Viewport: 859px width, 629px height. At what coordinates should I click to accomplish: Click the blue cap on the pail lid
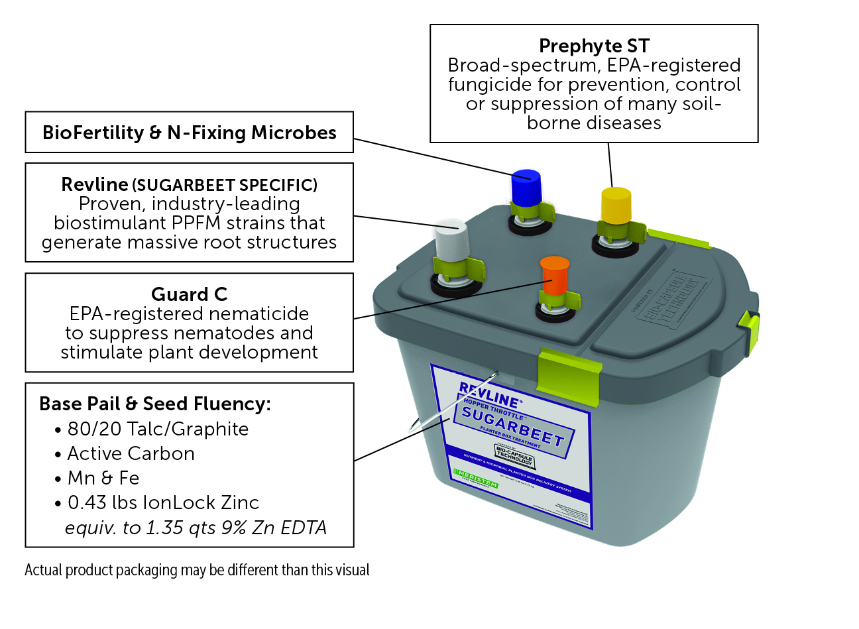tap(526, 187)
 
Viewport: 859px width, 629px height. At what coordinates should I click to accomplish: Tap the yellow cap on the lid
tap(616, 205)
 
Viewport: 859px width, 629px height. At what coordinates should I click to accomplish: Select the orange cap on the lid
tap(555, 272)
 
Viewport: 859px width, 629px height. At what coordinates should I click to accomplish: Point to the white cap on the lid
tap(452, 241)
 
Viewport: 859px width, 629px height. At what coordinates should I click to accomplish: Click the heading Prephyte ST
tap(594, 46)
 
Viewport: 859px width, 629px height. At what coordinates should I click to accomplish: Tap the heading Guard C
tap(189, 294)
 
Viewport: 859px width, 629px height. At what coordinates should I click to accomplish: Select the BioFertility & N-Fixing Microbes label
tap(189, 133)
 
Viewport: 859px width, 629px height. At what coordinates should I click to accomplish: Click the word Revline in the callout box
tap(95, 184)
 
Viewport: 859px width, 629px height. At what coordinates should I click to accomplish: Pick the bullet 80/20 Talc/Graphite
tap(158, 429)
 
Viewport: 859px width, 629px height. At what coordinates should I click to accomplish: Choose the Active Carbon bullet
tap(131, 454)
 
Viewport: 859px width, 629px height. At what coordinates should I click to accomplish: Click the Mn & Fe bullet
tap(103, 479)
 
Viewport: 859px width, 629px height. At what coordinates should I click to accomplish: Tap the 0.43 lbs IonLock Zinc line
tap(163, 503)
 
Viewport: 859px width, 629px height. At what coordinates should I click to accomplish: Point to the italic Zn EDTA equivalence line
tap(196, 528)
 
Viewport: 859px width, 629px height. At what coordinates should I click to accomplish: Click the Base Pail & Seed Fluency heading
tap(155, 404)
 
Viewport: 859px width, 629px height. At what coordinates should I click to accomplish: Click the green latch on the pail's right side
tap(749, 329)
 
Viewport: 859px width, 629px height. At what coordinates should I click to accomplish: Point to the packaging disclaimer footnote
tap(197, 570)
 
